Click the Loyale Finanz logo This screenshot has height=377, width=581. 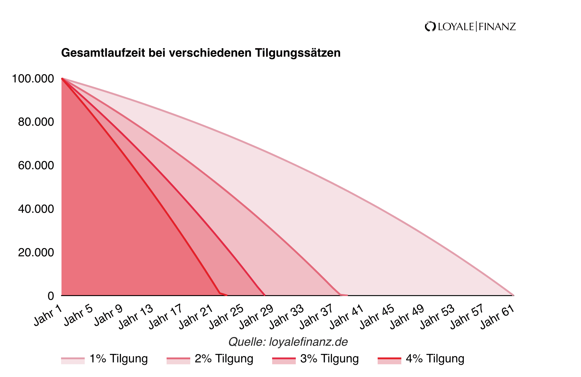click(470, 27)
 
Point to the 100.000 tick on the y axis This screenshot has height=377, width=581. click(33, 79)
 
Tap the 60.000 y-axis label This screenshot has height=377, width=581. click(36, 165)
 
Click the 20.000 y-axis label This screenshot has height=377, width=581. click(36, 253)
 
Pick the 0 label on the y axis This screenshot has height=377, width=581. click(51, 296)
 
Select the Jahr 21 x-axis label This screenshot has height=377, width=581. click(196, 317)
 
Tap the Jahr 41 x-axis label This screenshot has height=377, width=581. click(347, 317)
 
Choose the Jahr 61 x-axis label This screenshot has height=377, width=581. click(498, 317)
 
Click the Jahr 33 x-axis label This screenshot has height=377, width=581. click(286, 317)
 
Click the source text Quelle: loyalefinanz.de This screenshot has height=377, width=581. click(288, 342)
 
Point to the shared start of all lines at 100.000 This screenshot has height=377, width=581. click(62, 79)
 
